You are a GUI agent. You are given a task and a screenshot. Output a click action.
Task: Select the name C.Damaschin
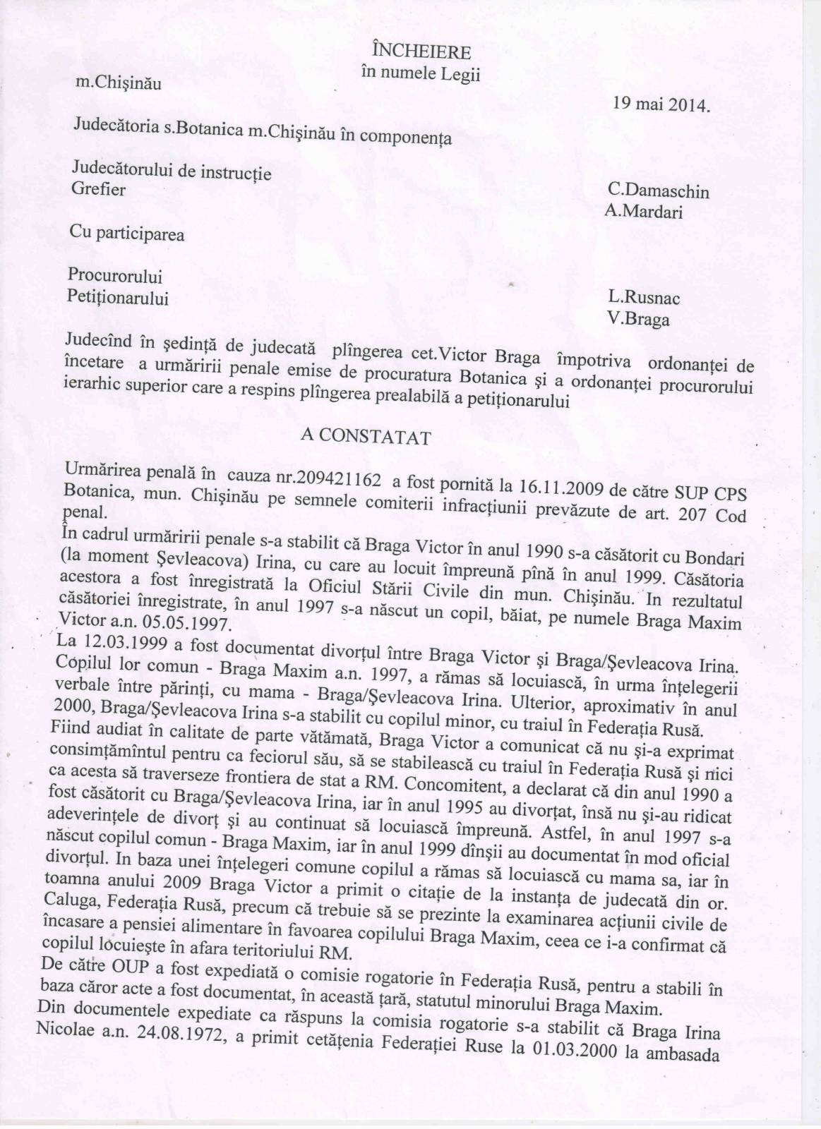658,191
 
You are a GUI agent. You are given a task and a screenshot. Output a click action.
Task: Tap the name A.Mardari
643,211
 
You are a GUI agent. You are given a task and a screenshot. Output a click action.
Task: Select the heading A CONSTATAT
366,437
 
